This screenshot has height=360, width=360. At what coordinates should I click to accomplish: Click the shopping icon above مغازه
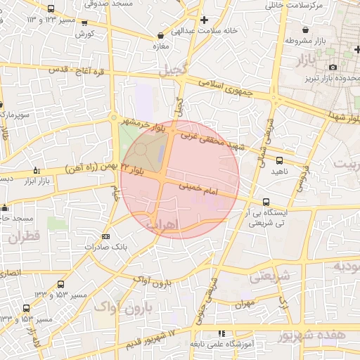pos(162,34)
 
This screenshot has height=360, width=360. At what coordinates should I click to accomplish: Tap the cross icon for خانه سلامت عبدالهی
pos(205,20)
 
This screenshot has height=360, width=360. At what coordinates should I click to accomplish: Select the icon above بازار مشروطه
pos(307,30)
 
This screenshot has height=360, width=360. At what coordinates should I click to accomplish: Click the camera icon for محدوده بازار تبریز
pos(333,67)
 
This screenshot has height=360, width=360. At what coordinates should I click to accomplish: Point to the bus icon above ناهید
pos(280,160)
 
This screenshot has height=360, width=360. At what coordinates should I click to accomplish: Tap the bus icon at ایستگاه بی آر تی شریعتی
pos(265,202)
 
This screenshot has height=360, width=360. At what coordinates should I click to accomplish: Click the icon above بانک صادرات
pos(105,236)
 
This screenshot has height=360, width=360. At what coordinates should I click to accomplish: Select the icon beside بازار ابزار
pos(37,170)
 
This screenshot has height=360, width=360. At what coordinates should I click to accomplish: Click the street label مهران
pos(244,304)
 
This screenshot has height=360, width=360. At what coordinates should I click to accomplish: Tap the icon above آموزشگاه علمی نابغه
pos(221,333)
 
